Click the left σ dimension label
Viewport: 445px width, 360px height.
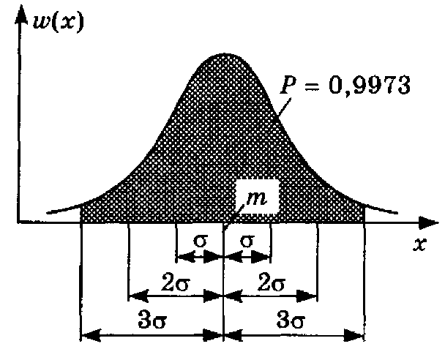pos(200,241)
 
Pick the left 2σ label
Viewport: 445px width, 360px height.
pos(176,281)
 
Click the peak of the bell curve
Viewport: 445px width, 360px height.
pos(223,54)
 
